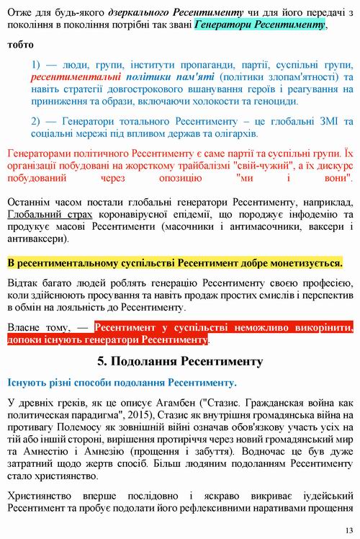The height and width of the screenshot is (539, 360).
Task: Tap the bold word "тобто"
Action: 22,43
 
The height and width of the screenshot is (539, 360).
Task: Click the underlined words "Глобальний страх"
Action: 50,215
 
